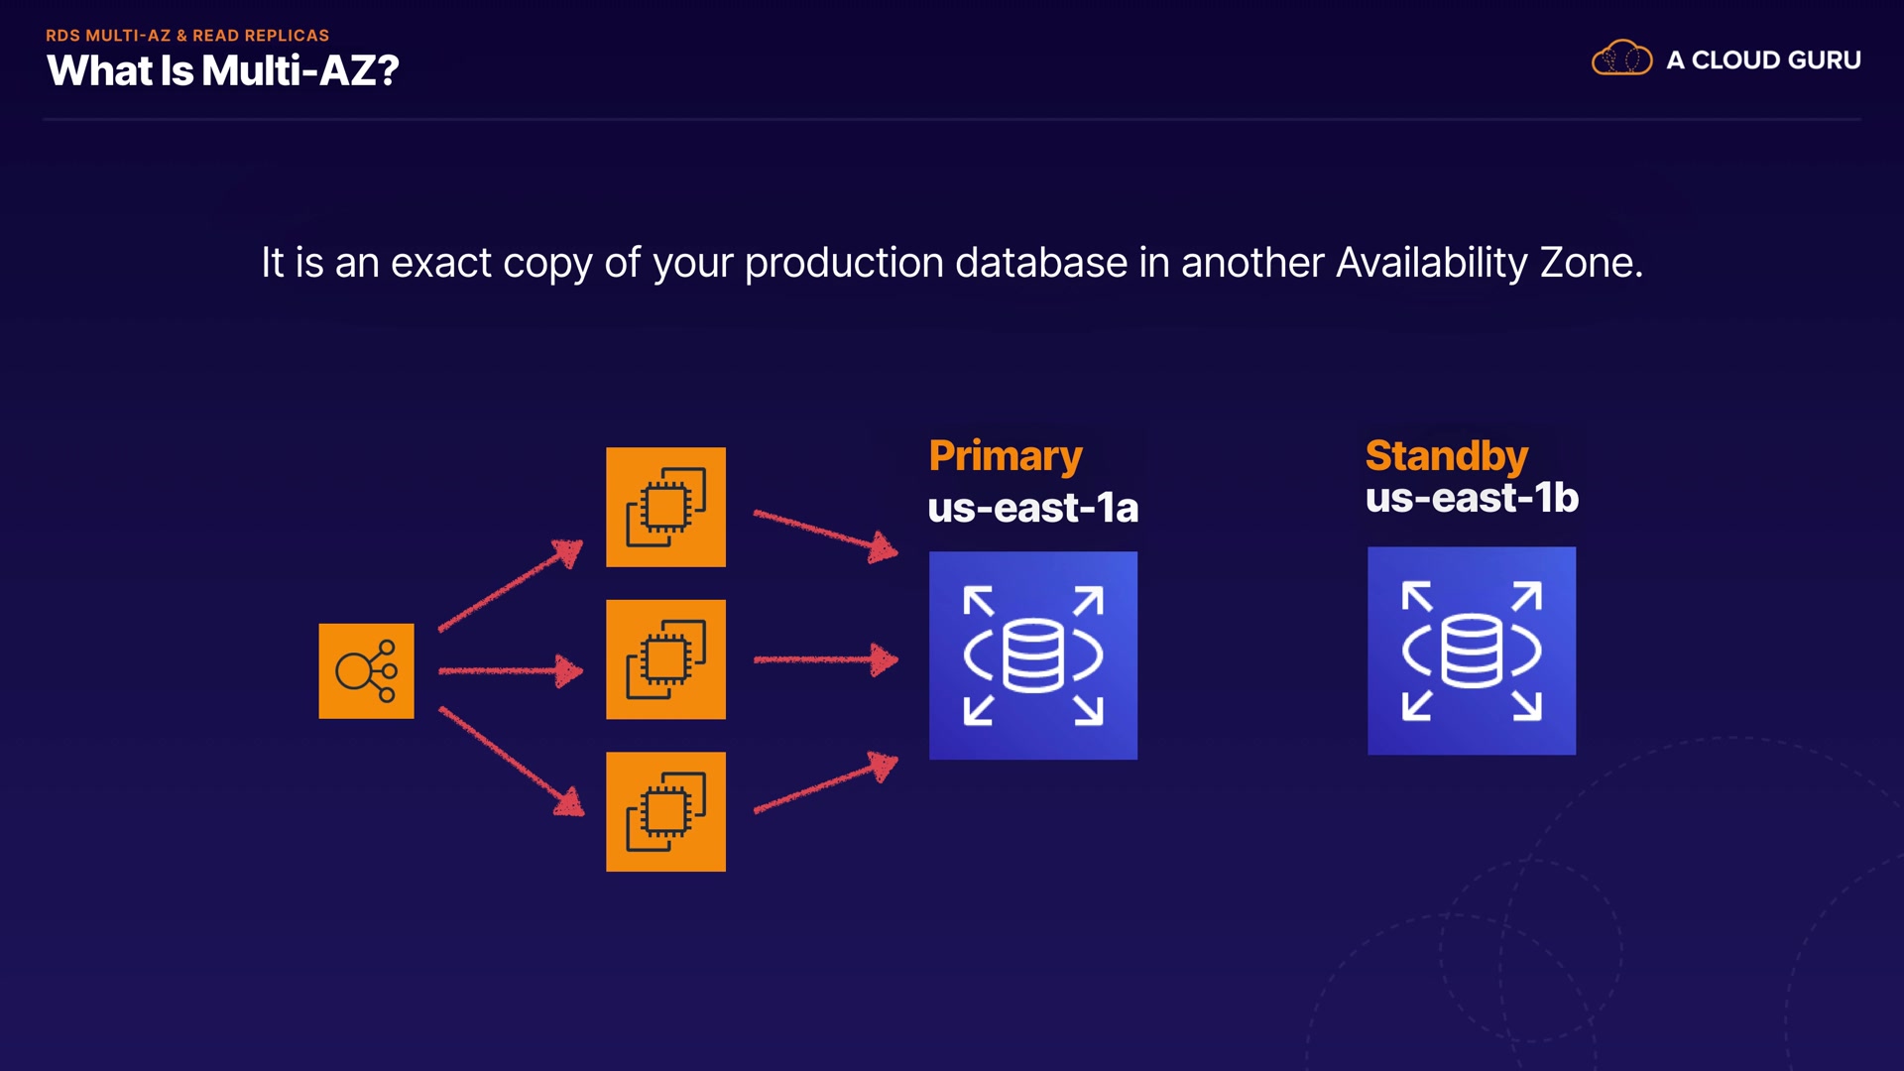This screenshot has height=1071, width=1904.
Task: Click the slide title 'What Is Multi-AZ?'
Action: pyautogui.click(x=222, y=70)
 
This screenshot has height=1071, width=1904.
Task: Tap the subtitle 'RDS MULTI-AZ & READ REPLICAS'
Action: pyautogui.click(x=187, y=35)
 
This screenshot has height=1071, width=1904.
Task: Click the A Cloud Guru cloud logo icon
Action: pyautogui.click(x=1621, y=59)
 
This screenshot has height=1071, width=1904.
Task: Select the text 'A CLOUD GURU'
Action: pyautogui.click(x=1763, y=60)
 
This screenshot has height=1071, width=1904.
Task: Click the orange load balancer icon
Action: pyautogui.click(x=366, y=670)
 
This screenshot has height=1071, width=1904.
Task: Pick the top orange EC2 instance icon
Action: pyautogui.click(x=665, y=507)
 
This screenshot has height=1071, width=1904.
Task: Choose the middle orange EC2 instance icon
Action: pyautogui.click(x=665, y=659)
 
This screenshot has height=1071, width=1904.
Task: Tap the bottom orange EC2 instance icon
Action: pyautogui.click(x=665, y=811)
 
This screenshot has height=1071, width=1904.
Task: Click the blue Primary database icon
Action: pyautogui.click(x=1032, y=655)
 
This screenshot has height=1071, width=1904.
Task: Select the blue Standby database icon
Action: pyautogui.click(x=1471, y=651)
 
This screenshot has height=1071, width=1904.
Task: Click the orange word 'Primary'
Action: pyautogui.click(x=1005, y=456)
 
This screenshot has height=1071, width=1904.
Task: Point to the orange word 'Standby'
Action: pyautogui.click(x=1446, y=455)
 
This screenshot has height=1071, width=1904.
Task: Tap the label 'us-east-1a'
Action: pyautogui.click(x=1032, y=508)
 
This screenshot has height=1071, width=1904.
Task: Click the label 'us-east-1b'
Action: pyautogui.click(x=1471, y=498)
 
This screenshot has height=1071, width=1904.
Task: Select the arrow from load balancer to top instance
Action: pyautogui.click(x=511, y=585)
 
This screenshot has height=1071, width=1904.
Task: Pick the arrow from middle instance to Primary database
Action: pyautogui.click(x=825, y=659)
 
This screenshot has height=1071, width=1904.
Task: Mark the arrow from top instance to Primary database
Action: pyautogui.click(x=825, y=534)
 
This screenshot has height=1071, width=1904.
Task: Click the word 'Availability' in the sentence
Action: pyautogui.click(x=1431, y=263)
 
